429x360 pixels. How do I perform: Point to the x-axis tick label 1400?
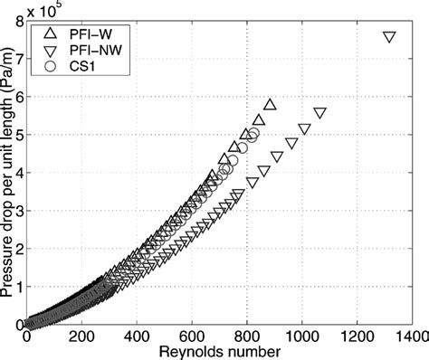[411, 336]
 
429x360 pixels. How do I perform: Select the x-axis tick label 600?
[192, 336]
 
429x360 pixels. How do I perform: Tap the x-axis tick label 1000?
[301, 336]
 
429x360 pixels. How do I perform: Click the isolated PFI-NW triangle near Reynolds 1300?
[388, 37]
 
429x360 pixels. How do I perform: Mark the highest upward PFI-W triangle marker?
[269, 105]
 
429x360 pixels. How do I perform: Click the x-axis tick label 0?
[27, 336]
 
